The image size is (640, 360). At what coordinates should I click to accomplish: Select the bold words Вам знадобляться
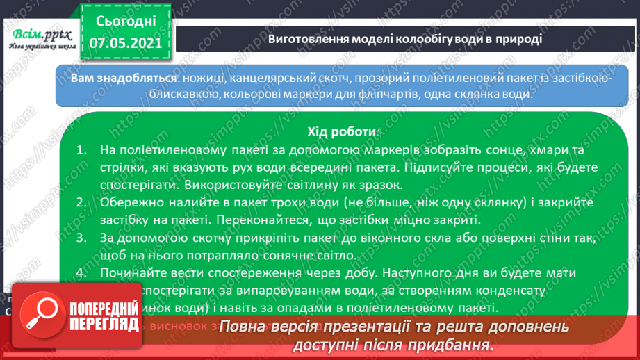[112, 78]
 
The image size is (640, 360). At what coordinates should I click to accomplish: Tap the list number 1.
[81, 150]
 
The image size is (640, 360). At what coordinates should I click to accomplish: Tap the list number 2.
[81, 203]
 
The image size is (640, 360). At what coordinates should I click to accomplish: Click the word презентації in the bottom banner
[361, 327]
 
